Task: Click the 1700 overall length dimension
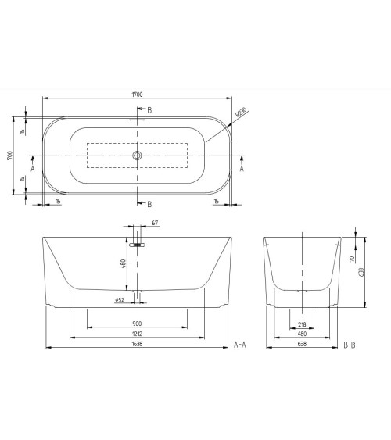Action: click(138, 95)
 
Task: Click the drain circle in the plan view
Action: click(138, 156)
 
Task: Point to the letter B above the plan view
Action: click(150, 110)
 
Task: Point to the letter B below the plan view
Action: click(150, 204)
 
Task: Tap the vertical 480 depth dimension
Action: click(123, 263)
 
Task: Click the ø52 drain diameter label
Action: click(120, 299)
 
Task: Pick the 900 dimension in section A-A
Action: click(137, 324)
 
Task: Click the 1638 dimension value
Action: click(137, 345)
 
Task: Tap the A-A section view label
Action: click(241, 345)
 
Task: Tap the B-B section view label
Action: click(351, 345)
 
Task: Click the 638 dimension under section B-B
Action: click(302, 345)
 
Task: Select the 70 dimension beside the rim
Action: click(353, 258)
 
